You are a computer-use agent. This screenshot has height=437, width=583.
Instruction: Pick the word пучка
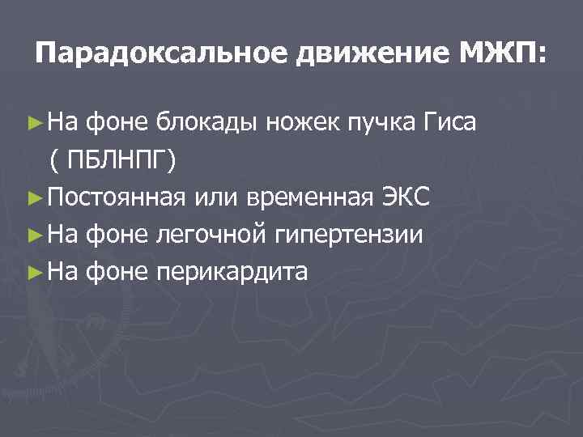click(x=379, y=124)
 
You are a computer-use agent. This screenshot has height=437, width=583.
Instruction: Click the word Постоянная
click(x=114, y=197)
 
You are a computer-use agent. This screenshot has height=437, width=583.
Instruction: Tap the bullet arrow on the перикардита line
click(x=32, y=271)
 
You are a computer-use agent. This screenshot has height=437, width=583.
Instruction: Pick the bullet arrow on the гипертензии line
click(x=32, y=234)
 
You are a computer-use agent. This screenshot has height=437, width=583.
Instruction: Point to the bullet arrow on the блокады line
click(x=32, y=124)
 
